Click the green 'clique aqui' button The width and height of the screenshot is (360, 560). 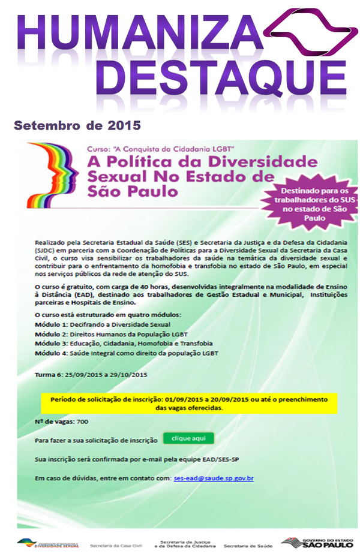(x=188, y=439)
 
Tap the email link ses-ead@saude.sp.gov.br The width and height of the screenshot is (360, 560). (x=213, y=478)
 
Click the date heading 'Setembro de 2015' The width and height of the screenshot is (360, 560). (x=77, y=126)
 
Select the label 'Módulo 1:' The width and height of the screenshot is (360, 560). (x=51, y=324)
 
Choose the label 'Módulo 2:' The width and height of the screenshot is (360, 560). (x=51, y=333)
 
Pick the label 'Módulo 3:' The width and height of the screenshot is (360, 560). (x=51, y=344)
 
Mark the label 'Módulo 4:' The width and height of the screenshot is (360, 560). (x=51, y=353)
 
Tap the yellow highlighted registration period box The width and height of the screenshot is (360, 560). (x=189, y=403)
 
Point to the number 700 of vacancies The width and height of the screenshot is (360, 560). (x=83, y=421)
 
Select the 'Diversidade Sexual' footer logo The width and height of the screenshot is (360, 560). (x=48, y=543)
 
